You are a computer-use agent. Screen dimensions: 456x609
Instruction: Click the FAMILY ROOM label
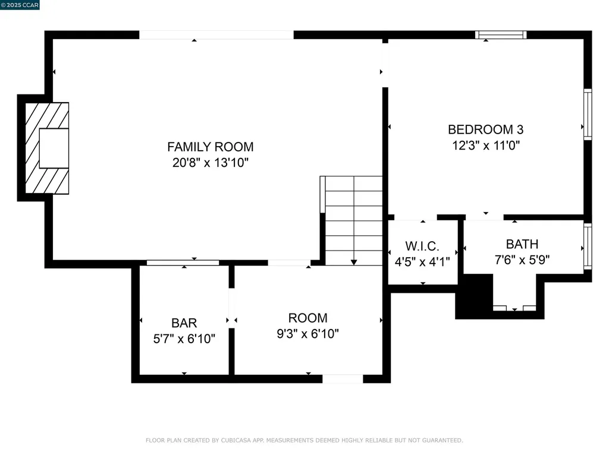click(210, 147)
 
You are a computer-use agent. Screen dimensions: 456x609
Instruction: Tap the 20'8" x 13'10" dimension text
click(210, 163)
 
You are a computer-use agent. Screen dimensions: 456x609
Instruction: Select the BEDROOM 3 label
click(485, 129)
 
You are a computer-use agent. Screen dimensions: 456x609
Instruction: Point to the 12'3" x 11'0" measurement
click(485, 145)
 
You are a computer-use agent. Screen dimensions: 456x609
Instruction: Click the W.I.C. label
click(422, 246)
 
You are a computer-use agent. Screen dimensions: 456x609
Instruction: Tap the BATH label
click(522, 244)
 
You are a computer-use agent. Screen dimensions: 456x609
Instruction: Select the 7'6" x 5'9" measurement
click(522, 259)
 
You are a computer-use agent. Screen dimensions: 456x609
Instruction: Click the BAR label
click(184, 323)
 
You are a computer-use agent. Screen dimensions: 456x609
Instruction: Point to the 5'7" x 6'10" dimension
click(184, 339)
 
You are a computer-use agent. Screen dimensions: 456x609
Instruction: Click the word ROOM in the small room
click(307, 318)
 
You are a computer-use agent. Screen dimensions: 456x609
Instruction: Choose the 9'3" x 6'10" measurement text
click(307, 334)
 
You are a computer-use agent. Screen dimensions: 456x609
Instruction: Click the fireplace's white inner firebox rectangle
click(54, 148)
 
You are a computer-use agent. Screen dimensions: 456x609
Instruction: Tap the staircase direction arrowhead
click(354, 261)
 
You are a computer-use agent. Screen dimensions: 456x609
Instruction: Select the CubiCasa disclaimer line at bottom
click(304, 441)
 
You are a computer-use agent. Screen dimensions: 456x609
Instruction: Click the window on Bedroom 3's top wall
click(501, 35)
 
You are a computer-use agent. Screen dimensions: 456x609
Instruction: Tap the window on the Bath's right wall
click(588, 247)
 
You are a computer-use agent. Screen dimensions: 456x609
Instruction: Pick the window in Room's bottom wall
click(342, 379)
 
